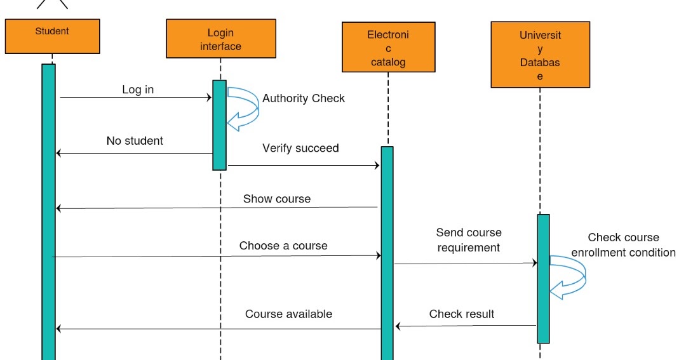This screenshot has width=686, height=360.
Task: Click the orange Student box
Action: (x=52, y=36)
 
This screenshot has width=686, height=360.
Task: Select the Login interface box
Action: (x=220, y=39)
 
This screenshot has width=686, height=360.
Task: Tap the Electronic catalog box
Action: (x=388, y=47)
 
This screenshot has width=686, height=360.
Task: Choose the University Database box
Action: (x=540, y=55)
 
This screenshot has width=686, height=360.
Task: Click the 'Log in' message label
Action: (x=138, y=90)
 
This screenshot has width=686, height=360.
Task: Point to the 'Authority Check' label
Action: (x=304, y=98)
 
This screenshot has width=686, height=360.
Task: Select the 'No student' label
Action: (x=135, y=141)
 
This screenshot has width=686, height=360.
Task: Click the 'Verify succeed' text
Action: (x=300, y=148)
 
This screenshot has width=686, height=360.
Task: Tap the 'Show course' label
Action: (x=277, y=199)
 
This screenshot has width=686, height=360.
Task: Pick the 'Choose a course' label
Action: (x=283, y=246)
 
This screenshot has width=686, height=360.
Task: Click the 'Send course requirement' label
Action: (x=469, y=240)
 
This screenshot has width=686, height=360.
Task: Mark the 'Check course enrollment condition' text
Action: (x=623, y=245)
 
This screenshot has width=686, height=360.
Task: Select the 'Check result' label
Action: (x=462, y=314)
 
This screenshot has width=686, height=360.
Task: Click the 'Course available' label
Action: (x=288, y=314)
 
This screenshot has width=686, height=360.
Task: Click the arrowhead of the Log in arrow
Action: (x=208, y=98)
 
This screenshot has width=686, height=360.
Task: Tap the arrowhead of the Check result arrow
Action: (x=398, y=326)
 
